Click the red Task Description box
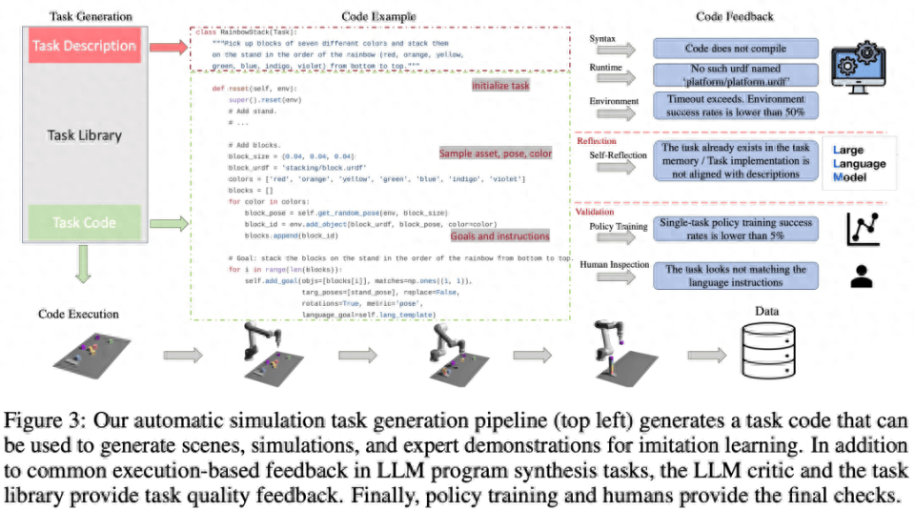[x=84, y=46]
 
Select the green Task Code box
[x=84, y=222]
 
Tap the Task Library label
[x=84, y=134]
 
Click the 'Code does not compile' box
[x=735, y=48]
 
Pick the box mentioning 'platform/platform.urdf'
[x=735, y=75]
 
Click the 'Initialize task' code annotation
[x=500, y=86]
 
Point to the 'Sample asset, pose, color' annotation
[x=496, y=153]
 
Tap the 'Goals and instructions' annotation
[x=499, y=235]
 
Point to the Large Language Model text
[x=860, y=164]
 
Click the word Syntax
[x=602, y=40]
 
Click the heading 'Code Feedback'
[x=735, y=16]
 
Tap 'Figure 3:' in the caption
[x=44, y=420]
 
